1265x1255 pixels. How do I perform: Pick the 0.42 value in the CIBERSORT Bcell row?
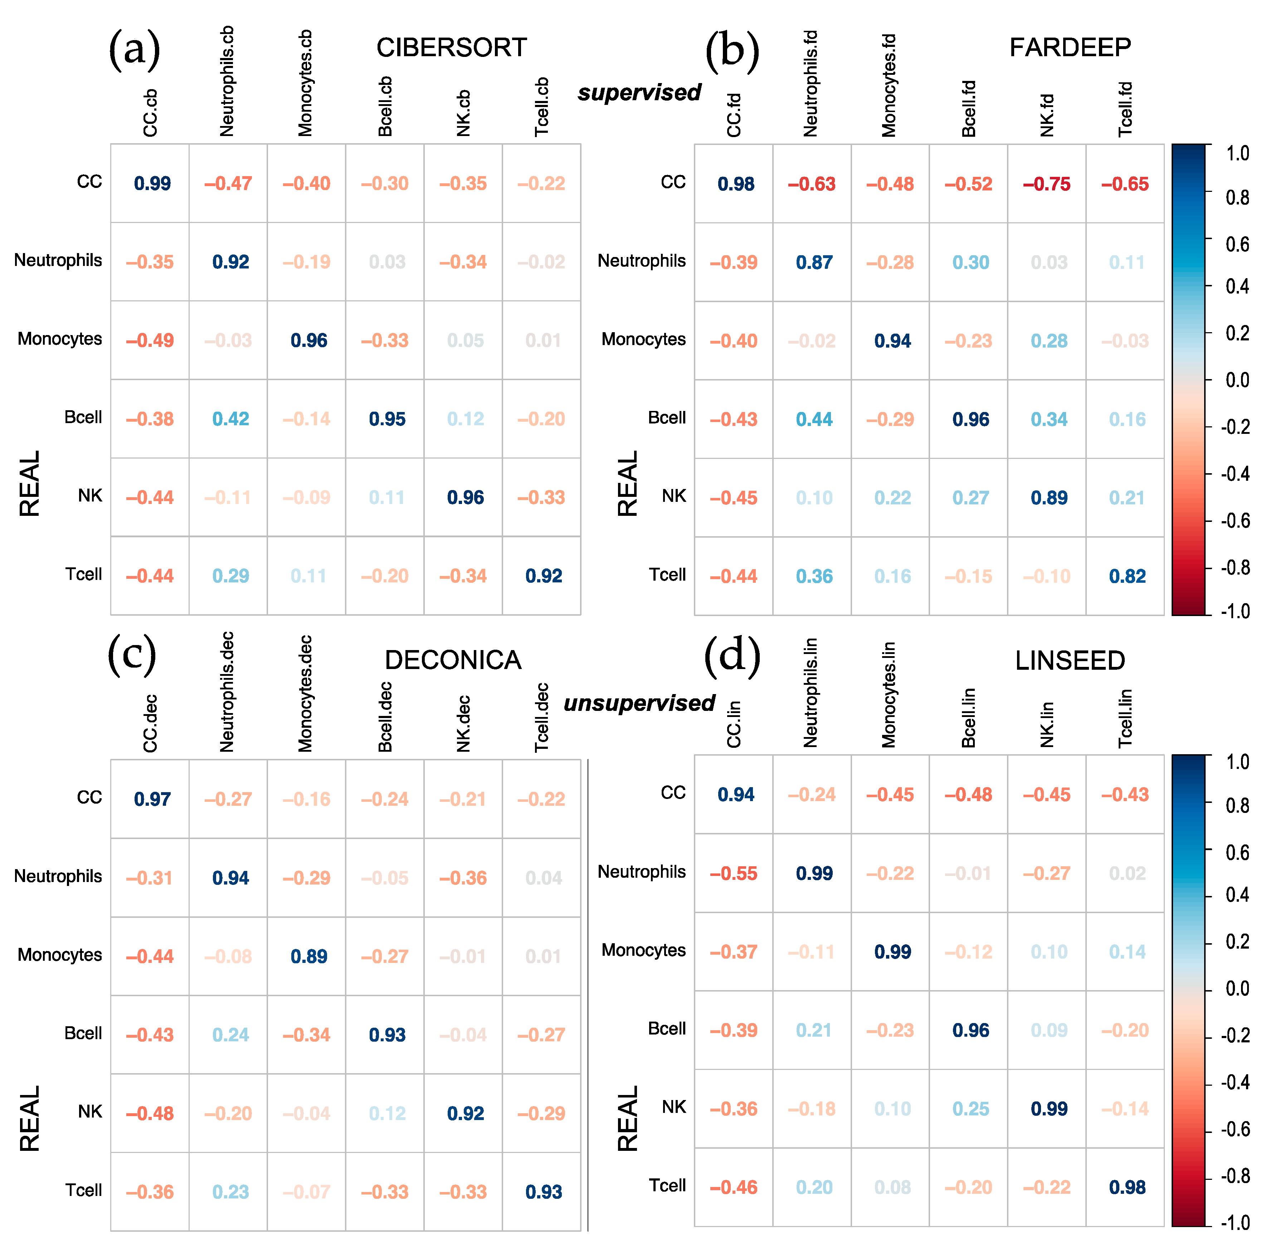click(230, 419)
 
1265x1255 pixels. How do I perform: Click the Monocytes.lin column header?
click(889, 694)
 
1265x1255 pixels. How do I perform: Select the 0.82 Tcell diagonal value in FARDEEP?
click(1127, 576)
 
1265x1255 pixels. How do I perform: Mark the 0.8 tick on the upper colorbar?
click(1237, 198)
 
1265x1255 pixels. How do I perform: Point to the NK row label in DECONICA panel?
click(90, 1111)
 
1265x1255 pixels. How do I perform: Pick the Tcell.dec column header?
click(541, 717)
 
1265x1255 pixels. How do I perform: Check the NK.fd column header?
click(1047, 115)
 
